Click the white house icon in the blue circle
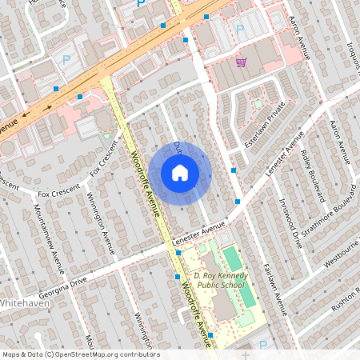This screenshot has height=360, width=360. [x=180, y=173]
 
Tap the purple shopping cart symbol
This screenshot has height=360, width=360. [x=240, y=62]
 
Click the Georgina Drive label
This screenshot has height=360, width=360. [x=61, y=279]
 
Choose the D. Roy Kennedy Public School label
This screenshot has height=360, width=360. [x=220, y=281]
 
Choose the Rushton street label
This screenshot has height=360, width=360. [x=347, y=298]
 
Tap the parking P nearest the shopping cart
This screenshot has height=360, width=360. [x=239, y=30]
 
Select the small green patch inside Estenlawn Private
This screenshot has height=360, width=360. [x=258, y=103]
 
